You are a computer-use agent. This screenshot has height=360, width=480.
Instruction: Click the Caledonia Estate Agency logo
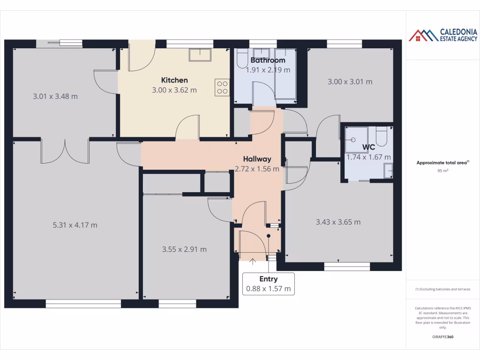(443, 35)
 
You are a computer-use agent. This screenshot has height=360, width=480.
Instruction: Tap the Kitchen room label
(174, 80)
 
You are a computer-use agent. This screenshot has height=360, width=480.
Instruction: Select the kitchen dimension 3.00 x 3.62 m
(174, 90)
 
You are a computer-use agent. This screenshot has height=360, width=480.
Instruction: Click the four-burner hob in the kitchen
(222, 88)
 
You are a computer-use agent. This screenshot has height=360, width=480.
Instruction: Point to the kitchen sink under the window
(200, 54)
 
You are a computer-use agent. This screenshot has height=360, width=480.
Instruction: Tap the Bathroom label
(268, 60)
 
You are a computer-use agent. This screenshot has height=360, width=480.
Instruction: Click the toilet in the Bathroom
(242, 59)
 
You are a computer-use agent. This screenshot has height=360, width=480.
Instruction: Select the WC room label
(368, 147)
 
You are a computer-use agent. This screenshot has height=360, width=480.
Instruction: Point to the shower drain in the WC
(352, 139)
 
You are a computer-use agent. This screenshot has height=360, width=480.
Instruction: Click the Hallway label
(257, 159)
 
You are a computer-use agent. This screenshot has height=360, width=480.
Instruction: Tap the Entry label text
(269, 279)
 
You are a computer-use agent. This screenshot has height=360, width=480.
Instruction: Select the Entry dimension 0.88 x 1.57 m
(269, 289)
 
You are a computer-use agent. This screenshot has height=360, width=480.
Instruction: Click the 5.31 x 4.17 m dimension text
(75, 225)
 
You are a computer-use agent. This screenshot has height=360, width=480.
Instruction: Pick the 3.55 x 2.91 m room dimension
(184, 249)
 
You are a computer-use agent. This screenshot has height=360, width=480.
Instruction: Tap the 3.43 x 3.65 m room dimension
(338, 222)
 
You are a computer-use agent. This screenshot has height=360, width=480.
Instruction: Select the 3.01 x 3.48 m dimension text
(55, 97)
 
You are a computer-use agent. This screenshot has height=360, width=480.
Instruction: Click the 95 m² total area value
(443, 171)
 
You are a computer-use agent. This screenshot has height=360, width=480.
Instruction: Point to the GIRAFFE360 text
(443, 337)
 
